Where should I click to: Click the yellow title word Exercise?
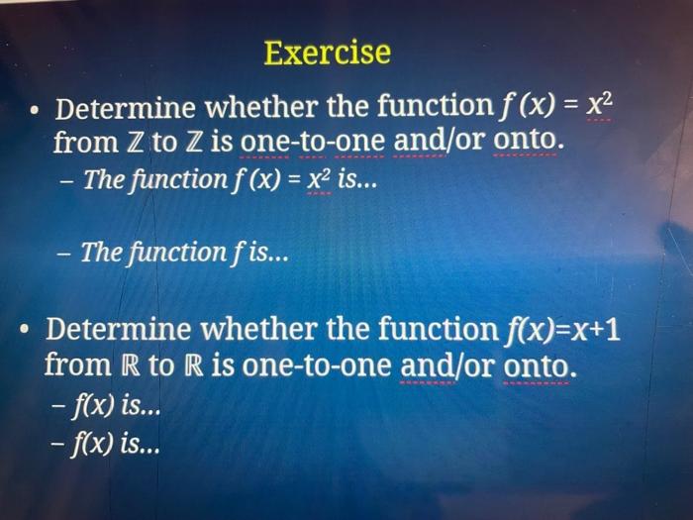pyautogui.click(x=327, y=52)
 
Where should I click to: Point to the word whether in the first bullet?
pyautogui.click(x=258, y=106)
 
